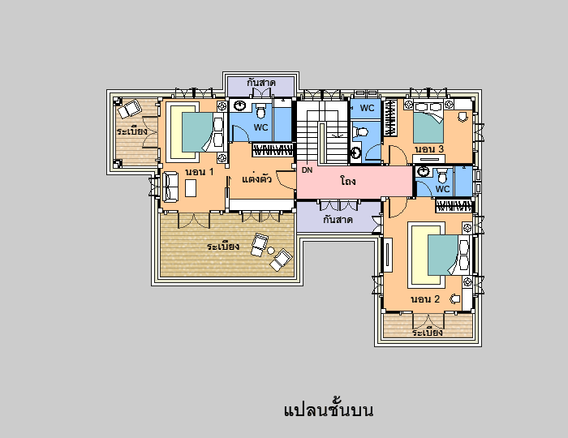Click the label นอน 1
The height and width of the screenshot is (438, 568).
pyautogui.click(x=200, y=172)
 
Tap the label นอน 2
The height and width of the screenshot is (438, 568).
pyautogui.click(x=425, y=299)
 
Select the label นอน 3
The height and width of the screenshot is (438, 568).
pyautogui.click(x=429, y=148)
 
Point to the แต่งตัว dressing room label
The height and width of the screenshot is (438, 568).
pyautogui.click(x=256, y=178)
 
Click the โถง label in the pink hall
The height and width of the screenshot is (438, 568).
pyautogui.click(x=348, y=181)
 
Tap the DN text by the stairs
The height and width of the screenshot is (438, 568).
pyautogui.click(x=307, y=170)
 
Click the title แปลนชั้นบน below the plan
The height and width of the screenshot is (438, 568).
pyautogui.click(x=328, y=410)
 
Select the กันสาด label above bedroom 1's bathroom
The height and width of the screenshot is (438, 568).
pyautogui.click(x=261, y=83)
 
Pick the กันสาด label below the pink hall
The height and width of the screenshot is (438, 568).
pyautogui.click(x=338, y=219)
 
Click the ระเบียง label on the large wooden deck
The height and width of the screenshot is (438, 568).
pyautogui.click(x=223, y=246)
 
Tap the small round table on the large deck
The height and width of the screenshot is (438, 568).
pyautogui.click(x=270, y=250)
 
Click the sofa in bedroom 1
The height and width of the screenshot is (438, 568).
pyautogui.click(x=170, y=187)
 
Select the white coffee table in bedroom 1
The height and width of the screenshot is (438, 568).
pyautogui.click(x=191, y=188)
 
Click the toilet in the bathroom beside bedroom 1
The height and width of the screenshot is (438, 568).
pyautogui.click(x=260, y=111)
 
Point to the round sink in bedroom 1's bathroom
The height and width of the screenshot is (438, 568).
pyautogui.click(x=239, y=105)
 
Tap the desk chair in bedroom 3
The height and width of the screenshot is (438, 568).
pyautogui.click(x=463, y=117)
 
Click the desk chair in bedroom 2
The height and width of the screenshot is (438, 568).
pyautogui.click(x=455, y=299)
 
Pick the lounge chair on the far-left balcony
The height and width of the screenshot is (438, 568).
pyautogui.click(x=129, y=109)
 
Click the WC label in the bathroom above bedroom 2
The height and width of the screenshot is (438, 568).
pyautogui.click(x=442, y=189)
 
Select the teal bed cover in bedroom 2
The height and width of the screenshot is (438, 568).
pyautogui.click(x=443, y=255)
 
